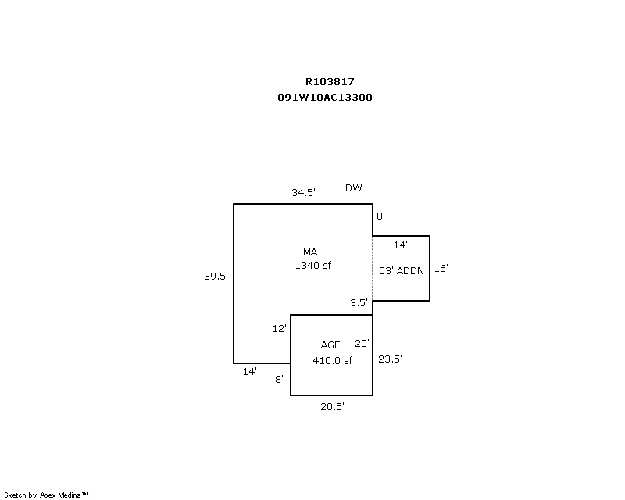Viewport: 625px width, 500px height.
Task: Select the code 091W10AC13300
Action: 324,98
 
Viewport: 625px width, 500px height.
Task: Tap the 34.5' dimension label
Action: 303,192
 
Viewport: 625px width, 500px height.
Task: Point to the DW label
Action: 354,188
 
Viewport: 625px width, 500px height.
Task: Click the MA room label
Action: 310,252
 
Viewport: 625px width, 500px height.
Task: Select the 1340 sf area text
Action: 312,266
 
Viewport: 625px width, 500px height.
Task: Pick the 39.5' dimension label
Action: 216,276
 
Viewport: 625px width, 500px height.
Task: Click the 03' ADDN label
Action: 401,270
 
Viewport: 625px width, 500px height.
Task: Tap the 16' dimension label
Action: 441,269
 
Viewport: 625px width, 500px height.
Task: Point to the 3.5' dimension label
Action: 359,303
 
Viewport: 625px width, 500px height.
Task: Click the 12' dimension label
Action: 279,329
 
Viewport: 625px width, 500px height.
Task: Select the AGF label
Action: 330,345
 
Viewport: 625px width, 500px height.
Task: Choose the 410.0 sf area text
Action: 333,360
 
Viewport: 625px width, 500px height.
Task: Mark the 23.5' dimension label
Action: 390,359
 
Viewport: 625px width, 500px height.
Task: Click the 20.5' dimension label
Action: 332,407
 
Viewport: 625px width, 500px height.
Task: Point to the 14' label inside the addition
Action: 400,245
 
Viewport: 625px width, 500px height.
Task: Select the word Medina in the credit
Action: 70,495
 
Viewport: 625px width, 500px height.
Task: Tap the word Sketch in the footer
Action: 15,495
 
